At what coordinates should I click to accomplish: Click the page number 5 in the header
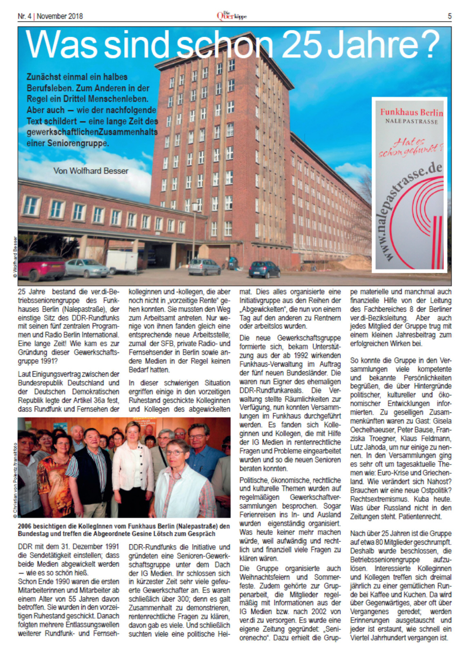(x=449, y=16)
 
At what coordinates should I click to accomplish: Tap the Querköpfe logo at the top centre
(x=232, y=16)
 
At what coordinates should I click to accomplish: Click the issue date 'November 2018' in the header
(x=60, y=16)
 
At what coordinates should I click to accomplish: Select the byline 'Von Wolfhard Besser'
(x=91, y=171)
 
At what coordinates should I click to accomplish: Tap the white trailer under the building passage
(x=122, y=262)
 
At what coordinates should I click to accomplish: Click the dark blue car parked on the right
(x=264, y=269)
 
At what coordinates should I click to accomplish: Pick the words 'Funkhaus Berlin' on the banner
(x=411, y=112)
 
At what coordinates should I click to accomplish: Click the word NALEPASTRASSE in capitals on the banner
(x=411, y=121)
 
